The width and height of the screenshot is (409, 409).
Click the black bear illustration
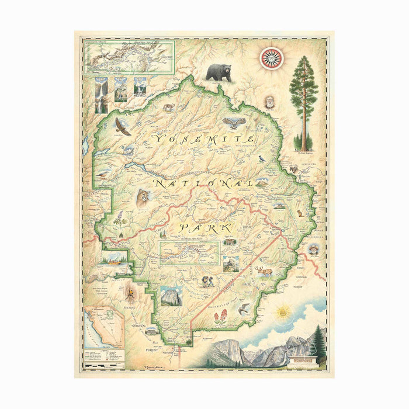tap(218, 72)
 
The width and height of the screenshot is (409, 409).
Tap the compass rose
tap(271, 57)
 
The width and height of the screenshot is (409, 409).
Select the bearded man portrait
tap(269, 102)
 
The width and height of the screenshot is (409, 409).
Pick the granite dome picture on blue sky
tap(172, 296)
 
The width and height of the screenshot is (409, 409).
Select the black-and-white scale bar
tap(103, 365)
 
